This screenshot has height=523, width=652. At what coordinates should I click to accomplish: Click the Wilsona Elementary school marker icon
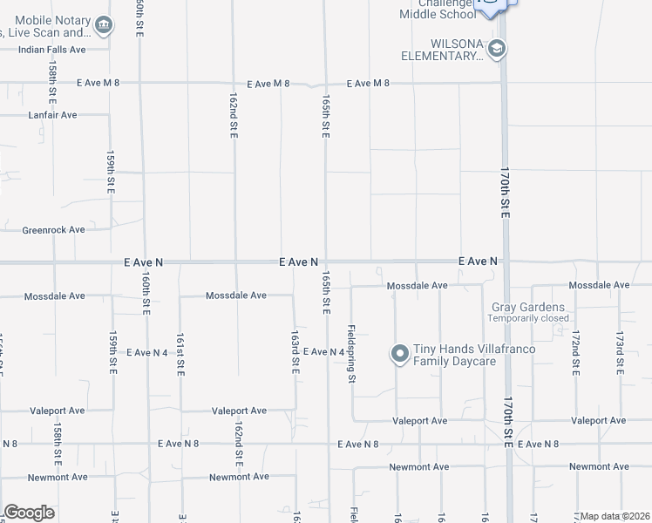pos(497,48)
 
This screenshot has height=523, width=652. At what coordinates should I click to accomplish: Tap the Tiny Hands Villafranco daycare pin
pos(400,354)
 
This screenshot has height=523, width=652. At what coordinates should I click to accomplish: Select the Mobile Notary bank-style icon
pos(104,25)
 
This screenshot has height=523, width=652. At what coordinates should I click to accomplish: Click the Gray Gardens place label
pos(528,308)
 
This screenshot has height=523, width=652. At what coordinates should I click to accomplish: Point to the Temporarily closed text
pos(528,318)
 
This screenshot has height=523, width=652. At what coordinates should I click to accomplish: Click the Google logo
pos(29,512)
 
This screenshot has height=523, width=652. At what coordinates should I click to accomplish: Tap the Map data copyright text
pos(615,516)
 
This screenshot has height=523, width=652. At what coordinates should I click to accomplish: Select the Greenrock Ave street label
pos(53,230)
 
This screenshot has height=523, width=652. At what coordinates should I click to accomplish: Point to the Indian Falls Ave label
pos(52,50)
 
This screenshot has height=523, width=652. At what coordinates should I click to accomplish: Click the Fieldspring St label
pos(352,355)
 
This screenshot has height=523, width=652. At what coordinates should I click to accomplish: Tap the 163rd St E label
pos(295,352)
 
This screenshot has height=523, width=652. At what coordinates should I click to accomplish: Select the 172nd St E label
pos(575,352)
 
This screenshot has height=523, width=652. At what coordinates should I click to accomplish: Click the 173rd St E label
pos(620,352)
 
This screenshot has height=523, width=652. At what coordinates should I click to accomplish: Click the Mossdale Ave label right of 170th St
pos(598,286)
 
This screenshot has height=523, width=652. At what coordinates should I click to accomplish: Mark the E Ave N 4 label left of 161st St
pos(146,353)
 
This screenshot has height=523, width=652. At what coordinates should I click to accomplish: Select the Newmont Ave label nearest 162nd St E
pos(238,478)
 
